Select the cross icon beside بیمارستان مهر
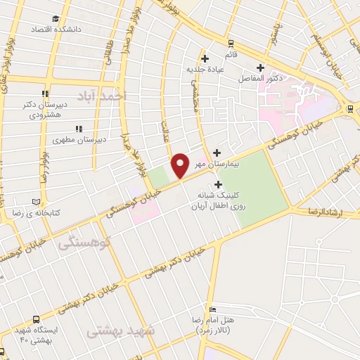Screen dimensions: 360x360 coord(217,153)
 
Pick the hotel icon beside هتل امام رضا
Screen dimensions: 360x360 coord(214,310)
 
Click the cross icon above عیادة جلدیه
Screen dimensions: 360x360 coord(205,58)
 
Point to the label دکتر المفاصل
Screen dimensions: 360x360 coord(259,77)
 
